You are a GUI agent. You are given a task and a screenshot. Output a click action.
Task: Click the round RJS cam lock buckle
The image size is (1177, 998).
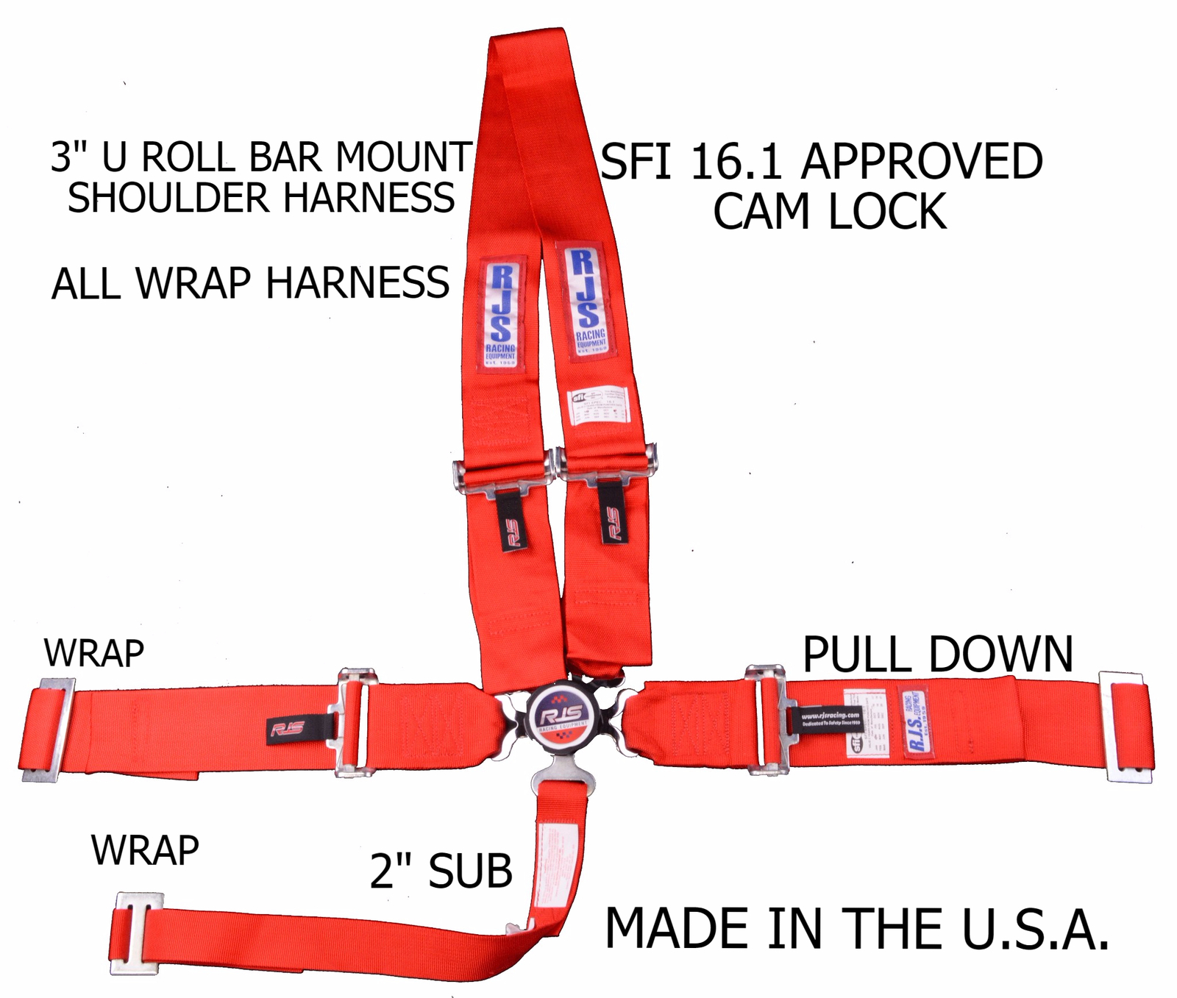(563, 715)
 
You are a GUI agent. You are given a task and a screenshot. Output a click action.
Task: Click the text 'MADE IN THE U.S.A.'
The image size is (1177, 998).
(856, 929)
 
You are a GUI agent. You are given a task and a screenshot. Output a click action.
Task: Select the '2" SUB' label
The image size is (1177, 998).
(441, 872)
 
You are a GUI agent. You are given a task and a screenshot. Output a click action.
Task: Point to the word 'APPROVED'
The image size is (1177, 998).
(922, 162)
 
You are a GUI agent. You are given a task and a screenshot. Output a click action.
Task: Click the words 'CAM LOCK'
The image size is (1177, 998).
(829, 212)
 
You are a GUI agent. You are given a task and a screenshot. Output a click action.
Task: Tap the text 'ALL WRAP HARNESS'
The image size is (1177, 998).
(250, 283)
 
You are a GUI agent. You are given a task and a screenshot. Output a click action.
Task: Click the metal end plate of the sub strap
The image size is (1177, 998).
(136, 933)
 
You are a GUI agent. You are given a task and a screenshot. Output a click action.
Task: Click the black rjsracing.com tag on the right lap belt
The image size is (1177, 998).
(830, 719)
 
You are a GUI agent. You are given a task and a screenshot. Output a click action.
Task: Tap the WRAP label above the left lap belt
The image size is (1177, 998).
(94, 653)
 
